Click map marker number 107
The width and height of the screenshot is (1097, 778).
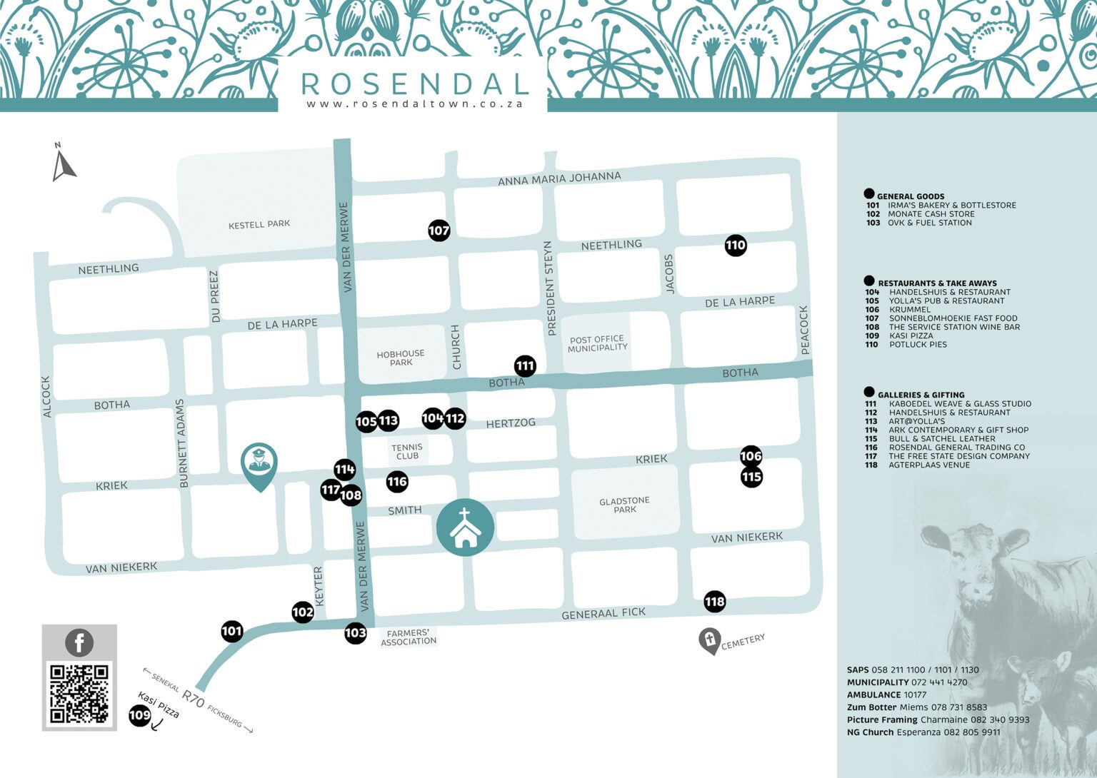439,230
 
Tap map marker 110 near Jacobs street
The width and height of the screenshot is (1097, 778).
735,246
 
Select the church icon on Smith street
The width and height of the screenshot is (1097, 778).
465,527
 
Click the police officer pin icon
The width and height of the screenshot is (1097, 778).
259,464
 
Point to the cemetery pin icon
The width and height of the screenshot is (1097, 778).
709,640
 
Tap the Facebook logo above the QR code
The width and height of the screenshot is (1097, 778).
79,642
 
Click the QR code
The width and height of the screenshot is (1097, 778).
79,692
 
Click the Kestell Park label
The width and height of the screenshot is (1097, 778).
259,224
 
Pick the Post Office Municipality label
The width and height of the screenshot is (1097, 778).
597,343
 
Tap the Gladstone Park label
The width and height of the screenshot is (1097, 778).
624,505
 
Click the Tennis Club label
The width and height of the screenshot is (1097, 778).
407,452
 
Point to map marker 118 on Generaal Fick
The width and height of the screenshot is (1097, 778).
714,602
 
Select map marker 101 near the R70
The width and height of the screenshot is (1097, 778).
231,631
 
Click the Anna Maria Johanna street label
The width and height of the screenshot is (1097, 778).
559,178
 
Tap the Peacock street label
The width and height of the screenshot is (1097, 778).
804,330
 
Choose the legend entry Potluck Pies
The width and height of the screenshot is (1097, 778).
918,345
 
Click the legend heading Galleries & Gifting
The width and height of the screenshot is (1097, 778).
921,395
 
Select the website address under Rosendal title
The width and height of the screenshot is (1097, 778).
414,103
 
